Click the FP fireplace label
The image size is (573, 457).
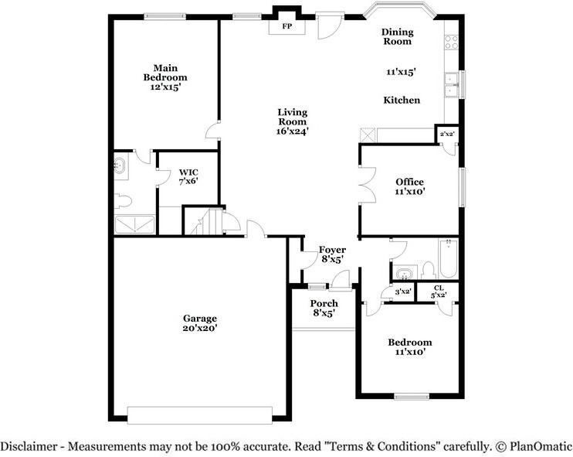pos(286,26)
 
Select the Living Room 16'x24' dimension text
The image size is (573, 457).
pos(293,131)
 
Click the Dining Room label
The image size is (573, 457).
pos(398,37)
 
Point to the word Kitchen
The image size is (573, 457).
pos(402,101)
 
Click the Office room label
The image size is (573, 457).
pos(409,182)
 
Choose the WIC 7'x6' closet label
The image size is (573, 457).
pos(188,177)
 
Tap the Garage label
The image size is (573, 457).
pos(199,323)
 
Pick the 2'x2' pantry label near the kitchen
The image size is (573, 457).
pos(446,135)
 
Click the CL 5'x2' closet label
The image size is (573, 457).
pos(438,292)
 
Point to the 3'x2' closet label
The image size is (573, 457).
pos(402,292)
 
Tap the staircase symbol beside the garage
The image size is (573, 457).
pos(202,223)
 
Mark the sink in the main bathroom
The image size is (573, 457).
pos(121,165)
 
